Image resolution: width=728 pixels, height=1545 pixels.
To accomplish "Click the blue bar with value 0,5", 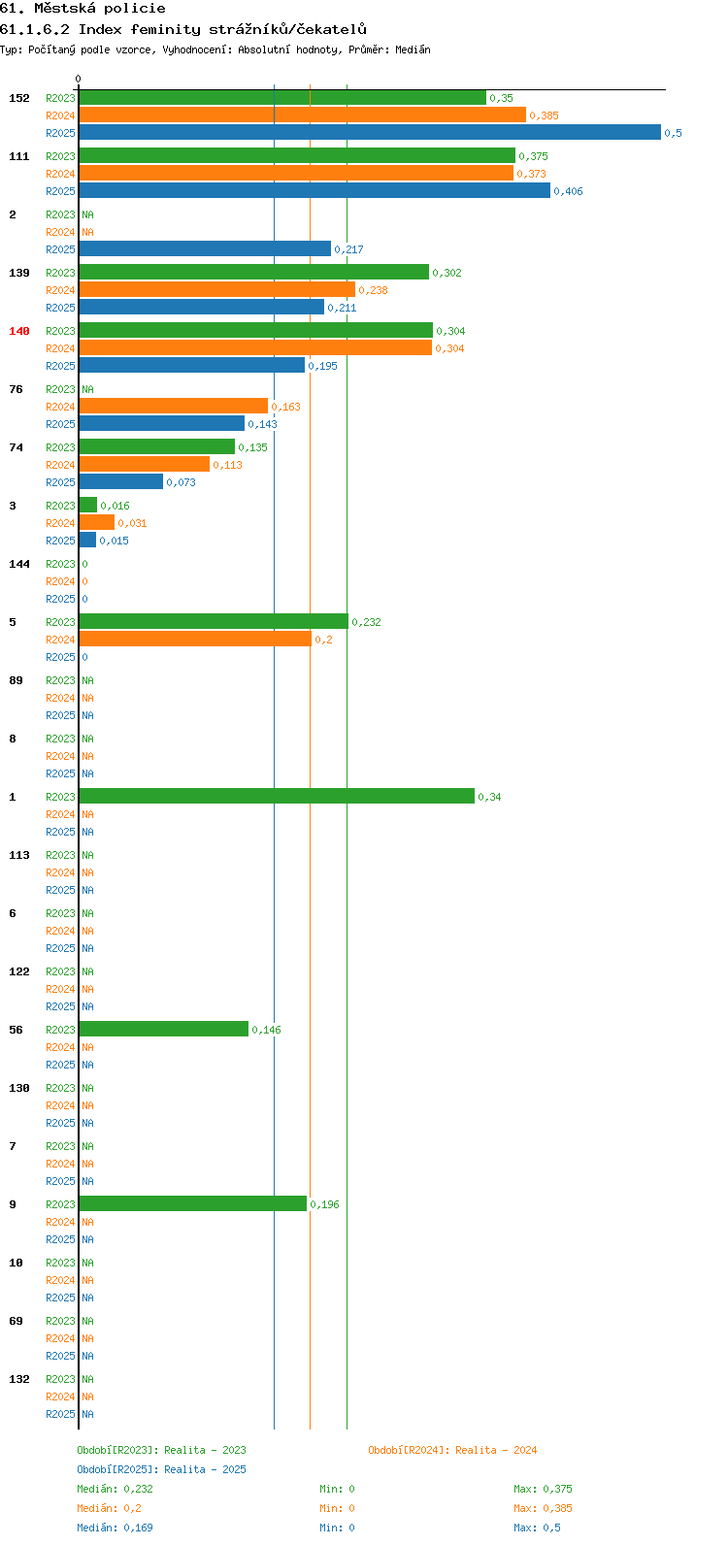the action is point(370,132).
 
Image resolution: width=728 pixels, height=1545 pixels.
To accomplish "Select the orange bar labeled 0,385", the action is point(302,115).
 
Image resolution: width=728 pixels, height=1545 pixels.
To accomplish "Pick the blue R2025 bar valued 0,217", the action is point(205,249).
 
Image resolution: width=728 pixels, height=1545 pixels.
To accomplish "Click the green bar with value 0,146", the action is point(163,1029).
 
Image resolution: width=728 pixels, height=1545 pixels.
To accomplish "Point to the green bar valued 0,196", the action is point(193,1203).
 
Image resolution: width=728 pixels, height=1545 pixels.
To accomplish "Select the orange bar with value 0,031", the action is point(97,523).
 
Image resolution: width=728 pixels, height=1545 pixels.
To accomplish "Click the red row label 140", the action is point(19,331).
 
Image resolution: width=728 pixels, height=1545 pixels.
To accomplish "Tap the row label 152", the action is point(19,98).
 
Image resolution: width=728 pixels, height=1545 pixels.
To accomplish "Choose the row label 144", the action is point(19,564).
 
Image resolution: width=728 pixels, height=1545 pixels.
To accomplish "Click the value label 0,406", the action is point(568,191).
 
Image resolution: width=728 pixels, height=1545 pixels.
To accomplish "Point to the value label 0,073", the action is point(181,482).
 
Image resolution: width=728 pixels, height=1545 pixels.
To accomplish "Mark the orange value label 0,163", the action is point(285,407).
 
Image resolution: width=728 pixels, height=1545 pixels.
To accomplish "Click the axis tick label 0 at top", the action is point(78,79).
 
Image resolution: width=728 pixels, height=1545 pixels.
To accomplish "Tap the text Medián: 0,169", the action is point(115,1528).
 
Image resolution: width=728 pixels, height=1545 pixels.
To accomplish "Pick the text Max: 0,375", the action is point(543,1489).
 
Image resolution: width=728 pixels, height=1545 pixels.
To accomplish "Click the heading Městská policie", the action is point(100,9).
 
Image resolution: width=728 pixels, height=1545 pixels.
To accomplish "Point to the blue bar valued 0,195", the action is point(192,366).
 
